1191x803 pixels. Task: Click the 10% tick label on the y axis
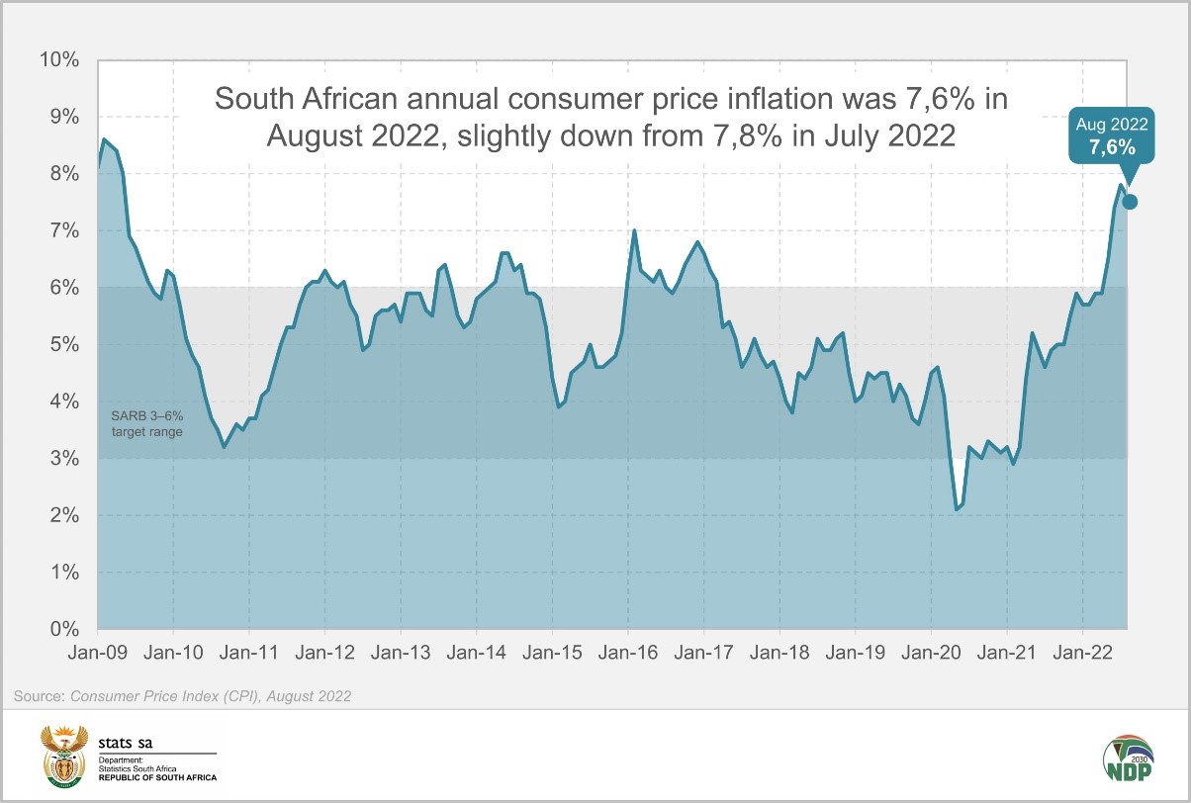tap(58, 60)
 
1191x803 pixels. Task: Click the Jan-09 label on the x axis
tap(98, 653)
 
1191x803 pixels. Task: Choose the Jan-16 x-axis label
tap(628, 653)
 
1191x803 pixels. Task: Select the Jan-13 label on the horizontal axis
tap(401, 653)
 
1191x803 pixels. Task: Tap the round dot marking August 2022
tap(1130, 202)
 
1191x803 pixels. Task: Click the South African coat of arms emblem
tap(63, 753)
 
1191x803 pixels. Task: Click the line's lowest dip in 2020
tap(957, 509)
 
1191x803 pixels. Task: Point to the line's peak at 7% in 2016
tap(634, 230)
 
